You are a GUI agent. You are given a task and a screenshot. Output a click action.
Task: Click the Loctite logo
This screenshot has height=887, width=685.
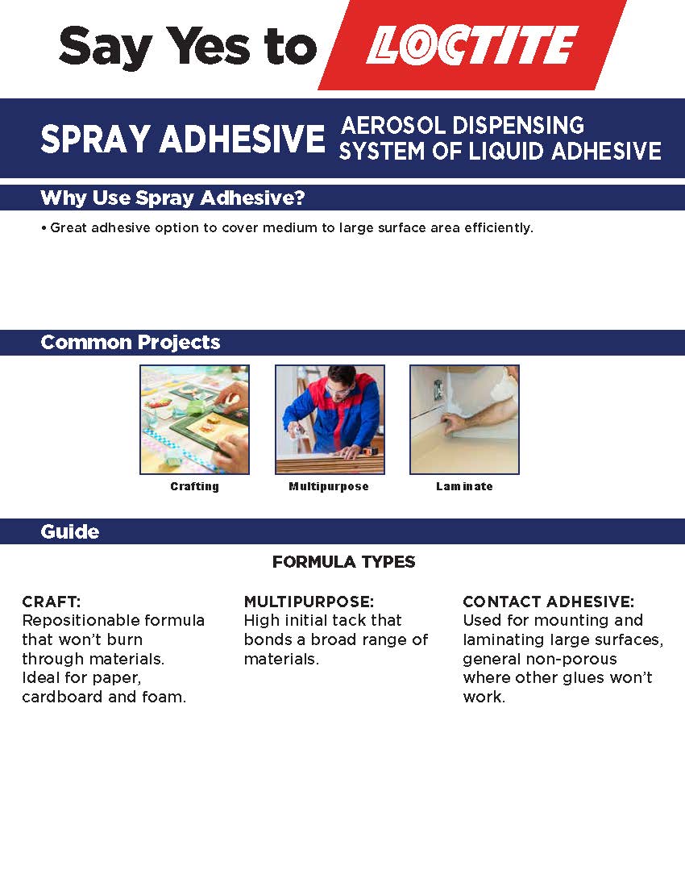tap(472, 45)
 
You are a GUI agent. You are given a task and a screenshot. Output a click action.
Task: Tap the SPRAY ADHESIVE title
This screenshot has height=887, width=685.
tap(182, 140)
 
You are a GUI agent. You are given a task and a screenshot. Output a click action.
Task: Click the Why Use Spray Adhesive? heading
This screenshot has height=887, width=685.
tap(172, 198)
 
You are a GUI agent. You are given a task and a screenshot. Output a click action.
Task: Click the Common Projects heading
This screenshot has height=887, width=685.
tap(130, 342)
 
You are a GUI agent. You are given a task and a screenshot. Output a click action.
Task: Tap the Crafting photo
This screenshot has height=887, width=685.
tap(194, 419)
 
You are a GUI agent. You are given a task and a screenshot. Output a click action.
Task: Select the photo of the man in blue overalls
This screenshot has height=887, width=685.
tap(330, 419)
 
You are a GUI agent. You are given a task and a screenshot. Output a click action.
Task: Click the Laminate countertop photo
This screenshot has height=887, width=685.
tap(464, 419)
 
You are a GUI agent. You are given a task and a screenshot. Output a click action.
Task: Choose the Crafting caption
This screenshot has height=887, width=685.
tap(194, 486)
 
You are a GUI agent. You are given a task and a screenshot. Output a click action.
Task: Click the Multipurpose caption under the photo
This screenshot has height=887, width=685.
tap(329, 486)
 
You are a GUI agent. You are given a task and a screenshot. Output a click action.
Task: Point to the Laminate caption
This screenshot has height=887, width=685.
tap(464, 486)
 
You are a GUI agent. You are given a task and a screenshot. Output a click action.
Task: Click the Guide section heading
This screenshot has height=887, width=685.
tap(70, 532)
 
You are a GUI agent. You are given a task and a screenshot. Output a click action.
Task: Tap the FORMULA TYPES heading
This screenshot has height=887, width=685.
tap(343, 562)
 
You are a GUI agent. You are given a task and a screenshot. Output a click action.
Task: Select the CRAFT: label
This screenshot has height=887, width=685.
tap(52, 602)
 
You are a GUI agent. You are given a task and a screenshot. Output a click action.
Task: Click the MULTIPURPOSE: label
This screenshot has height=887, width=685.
tap(309, 602)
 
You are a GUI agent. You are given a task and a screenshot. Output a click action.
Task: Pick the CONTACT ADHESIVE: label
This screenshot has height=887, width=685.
tap(548, 602)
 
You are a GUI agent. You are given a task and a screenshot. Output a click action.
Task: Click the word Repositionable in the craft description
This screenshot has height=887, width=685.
tap(77, 621)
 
